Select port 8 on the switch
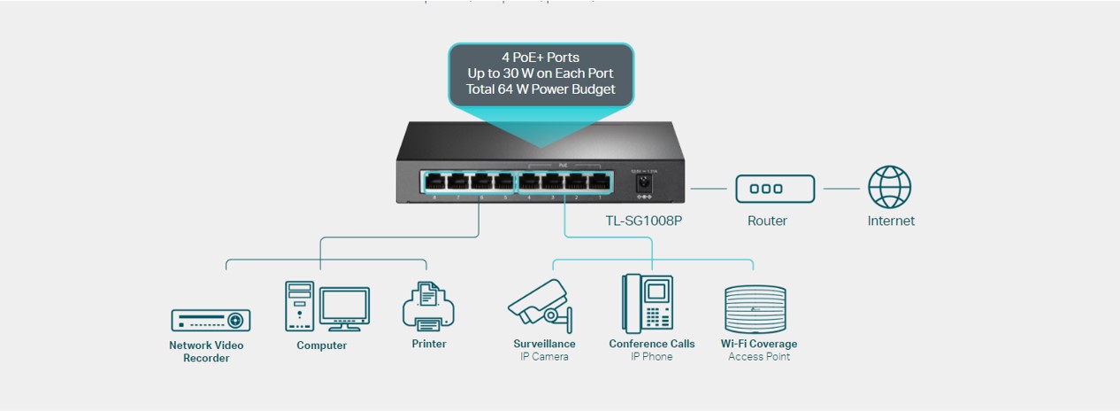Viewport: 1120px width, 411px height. pos(434,182)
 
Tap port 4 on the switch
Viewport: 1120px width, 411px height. pos(529,182)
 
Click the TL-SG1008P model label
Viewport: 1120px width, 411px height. pos(643,221)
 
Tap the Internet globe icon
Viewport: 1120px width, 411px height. pos(889,187)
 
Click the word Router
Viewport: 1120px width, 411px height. pos(767,221)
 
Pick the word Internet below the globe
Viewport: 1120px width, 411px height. pos(891,221)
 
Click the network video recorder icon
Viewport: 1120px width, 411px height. pos(211,320)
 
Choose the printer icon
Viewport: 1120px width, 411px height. pos(428,306)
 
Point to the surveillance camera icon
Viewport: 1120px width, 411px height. pos(541,305)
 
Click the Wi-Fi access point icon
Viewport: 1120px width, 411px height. pos(755,308)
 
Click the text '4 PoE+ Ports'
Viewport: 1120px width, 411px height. pos(541,57)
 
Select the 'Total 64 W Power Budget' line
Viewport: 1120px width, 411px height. pos(541,89)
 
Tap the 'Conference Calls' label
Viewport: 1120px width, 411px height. pos(652,344)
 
